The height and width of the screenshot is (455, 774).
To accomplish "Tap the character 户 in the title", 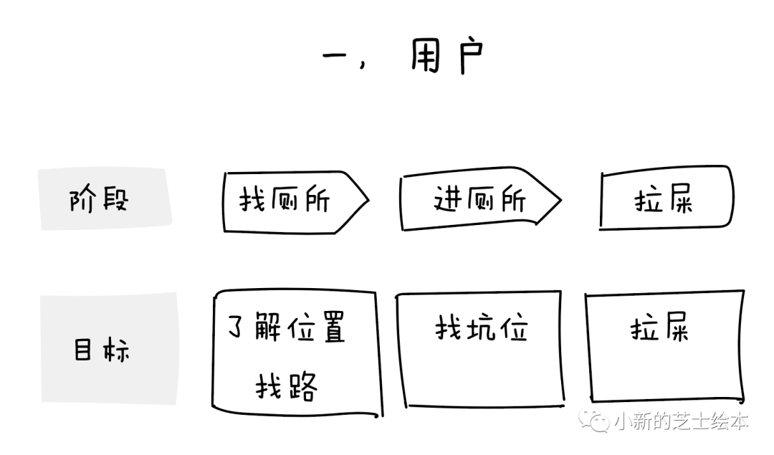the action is point(471,56).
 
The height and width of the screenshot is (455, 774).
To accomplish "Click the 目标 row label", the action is point(101,350).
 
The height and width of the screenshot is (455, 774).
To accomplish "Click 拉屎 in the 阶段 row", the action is point(664,200).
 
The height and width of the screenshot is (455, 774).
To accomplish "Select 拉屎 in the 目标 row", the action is point(659,330).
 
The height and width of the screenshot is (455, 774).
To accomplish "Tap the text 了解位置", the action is point(287,330).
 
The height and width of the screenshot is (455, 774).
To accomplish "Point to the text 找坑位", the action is point(481,330).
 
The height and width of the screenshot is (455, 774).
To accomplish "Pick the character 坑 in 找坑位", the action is point(482,330).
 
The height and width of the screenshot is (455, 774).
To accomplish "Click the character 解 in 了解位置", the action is point(269,330).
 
